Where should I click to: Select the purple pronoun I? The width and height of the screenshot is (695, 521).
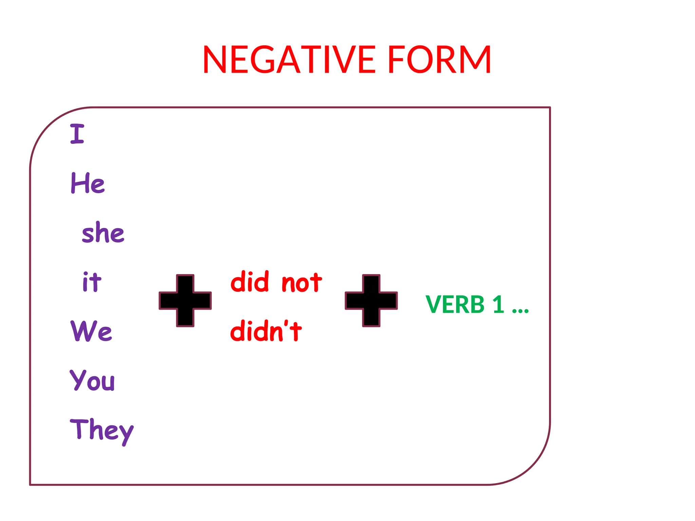[x=77, y=134]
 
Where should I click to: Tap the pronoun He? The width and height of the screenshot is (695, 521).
[x=88, y=183]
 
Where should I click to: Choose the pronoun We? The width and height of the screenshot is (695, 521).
[x=91, y=331]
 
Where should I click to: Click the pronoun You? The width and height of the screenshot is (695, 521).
[x=92, y=380]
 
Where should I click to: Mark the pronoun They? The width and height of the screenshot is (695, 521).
[x=101, y=430]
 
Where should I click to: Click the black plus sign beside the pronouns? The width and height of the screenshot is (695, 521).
[x=185, y=301]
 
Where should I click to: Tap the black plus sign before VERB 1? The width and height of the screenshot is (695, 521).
[x=371, y=301]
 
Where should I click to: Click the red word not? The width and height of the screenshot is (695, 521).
[x=302, y=283]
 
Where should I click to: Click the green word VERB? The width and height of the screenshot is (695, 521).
[x=455, y=304]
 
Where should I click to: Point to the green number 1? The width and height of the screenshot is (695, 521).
[x=498, y=304]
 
